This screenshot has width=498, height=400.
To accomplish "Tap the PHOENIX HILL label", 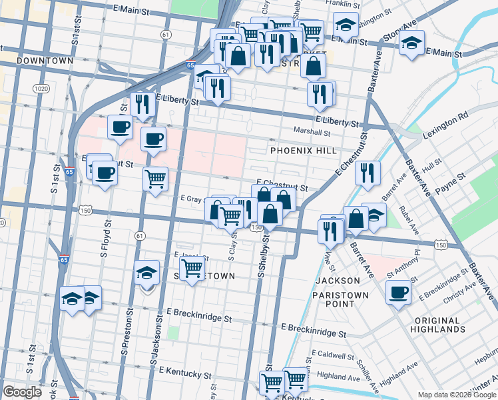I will coord(304,151).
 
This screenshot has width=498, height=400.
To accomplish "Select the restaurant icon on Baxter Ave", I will coord(368,173).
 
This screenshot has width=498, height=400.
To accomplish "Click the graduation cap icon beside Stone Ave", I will coord(411,43).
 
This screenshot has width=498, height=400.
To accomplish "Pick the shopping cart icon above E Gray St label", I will coord(155,178).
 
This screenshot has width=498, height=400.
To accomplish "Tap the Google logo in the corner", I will coord(23,392).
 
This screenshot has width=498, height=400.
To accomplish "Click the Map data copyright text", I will coord(457,395).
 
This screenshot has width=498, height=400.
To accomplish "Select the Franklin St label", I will coord(338,3).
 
